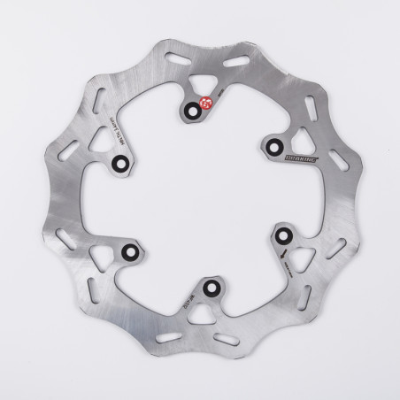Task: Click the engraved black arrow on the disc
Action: [x=282, y=254]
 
